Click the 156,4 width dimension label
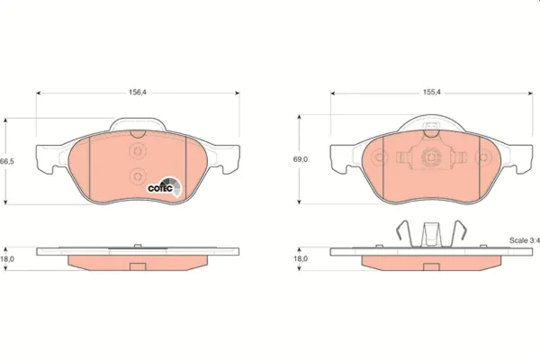coord(138,90)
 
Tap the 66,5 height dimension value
coord(6,160)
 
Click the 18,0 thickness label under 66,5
coord(8,258)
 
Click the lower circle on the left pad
coord(138,175)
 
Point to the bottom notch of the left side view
coord(138,265)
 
